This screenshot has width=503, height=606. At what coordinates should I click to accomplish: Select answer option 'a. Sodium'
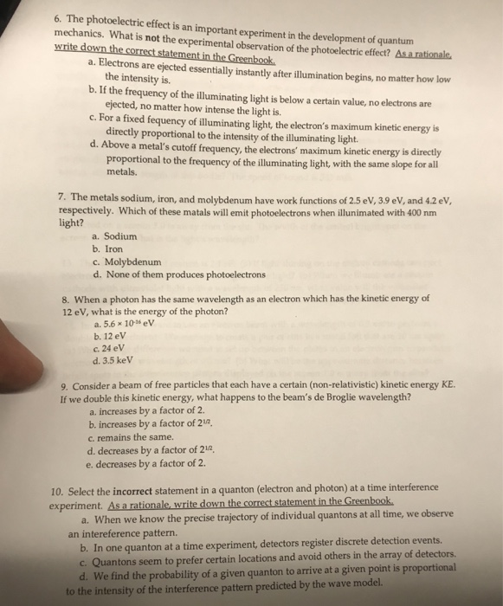(x=113, y=235)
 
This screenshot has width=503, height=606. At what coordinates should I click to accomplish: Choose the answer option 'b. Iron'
(x=107, y=248)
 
